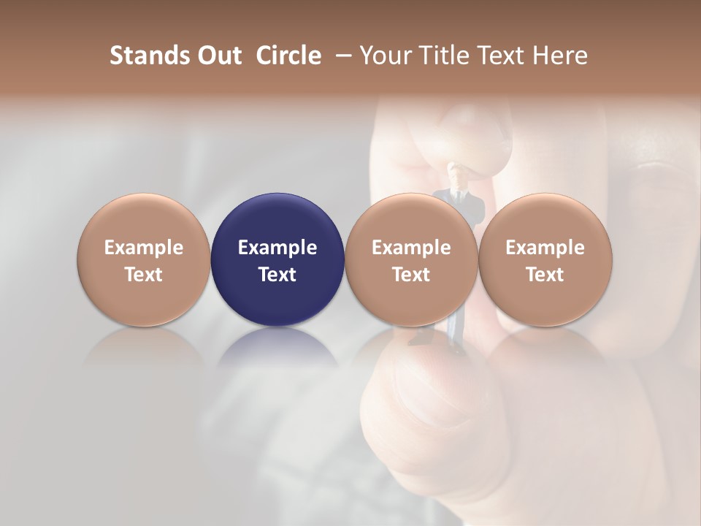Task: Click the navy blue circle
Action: click(277, 259)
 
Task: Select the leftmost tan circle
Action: click(144, 259)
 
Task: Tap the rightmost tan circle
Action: click(545, 259)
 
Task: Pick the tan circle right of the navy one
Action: click(411, 259)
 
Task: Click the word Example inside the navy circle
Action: click(277, 248)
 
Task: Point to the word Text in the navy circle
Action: click(277, 275)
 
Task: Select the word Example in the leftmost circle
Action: click(144, 248)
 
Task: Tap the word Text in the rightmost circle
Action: click(545, 275)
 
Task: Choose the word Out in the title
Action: click(218, 56)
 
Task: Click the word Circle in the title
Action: click(288, 56)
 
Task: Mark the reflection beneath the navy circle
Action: click(277, 351)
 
